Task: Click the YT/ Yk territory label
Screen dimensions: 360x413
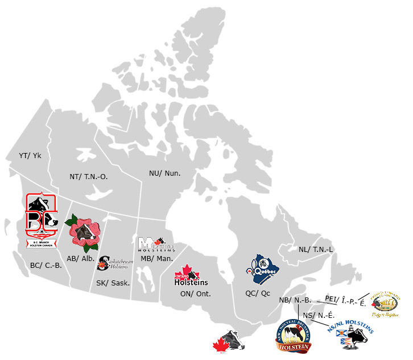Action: point(30,155)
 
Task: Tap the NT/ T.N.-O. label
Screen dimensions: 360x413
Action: point(89,177)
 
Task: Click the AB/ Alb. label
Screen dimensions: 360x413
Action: point(80,257)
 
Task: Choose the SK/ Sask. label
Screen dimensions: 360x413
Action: point(112,283)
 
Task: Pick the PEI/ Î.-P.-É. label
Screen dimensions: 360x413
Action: point(345,300)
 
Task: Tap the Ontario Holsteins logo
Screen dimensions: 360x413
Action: point(191,276)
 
